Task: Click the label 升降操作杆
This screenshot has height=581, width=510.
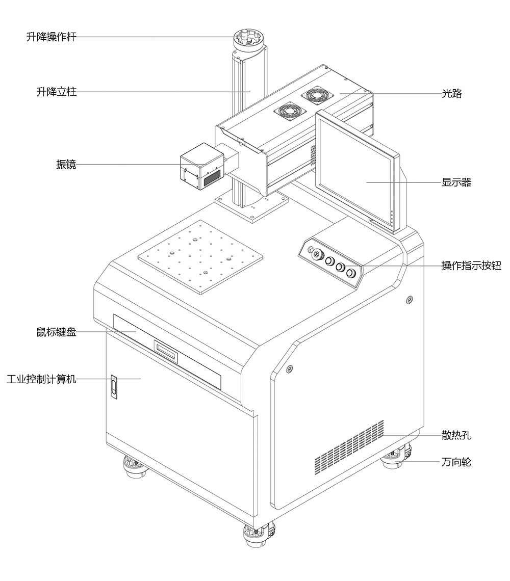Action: tap(51, 37)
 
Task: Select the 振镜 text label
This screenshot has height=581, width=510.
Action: tap(66, 165)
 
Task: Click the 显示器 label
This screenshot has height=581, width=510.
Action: tap(456, 182)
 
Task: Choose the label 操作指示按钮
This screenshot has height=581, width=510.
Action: tap(471, 266)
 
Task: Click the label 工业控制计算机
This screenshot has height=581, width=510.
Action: tap(41, 379)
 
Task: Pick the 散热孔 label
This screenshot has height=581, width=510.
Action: tap(456, 435)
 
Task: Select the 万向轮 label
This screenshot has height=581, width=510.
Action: tap(456, 462)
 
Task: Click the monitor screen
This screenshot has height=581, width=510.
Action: tap(357, 171)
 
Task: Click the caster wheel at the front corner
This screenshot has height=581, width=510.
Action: tap(258, 535)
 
